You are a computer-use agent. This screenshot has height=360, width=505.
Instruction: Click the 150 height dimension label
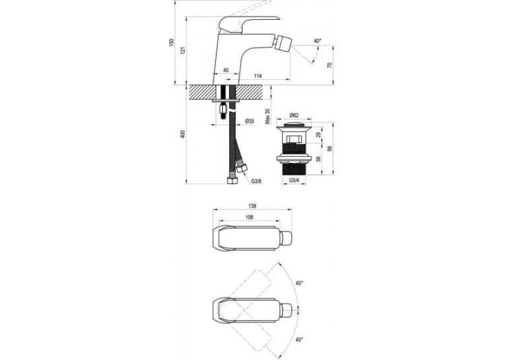tap(172, 42)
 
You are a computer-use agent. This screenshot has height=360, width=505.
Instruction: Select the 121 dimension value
tap(184, 50)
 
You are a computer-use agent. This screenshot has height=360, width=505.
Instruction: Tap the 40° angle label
tap(318, 41)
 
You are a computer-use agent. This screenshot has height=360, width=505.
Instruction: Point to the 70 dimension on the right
tap(329, 65)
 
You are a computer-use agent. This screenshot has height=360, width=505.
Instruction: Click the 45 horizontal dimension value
tap(226, 70)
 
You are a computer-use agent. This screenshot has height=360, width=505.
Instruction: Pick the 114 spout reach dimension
tap(257, 76)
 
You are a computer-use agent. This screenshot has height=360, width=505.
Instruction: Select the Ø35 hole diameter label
tap(250, 121)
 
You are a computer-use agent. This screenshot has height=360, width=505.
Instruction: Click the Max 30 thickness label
tap(267, 116)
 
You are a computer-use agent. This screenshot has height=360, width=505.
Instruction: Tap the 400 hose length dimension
tap(184, 134)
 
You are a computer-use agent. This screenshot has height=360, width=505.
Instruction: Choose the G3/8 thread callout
tap(256, 182)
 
